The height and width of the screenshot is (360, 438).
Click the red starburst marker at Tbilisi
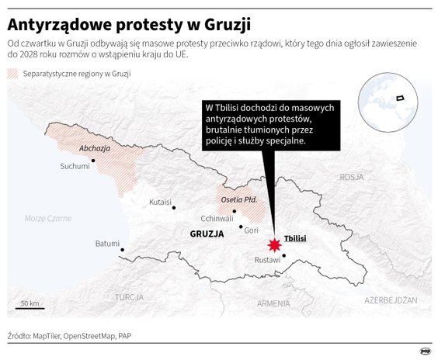click(x=273, y=245)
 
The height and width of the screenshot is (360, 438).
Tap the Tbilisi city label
click(x=296, y=238)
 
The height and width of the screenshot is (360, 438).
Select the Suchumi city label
click(x=75, y=166)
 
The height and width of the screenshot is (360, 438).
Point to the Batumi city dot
click(x=123, y=250)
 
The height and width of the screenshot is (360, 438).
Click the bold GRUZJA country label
click(x=207, y=233)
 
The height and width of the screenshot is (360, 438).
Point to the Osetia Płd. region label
click(x=239, y=199)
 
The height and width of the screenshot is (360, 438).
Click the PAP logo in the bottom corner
click(x=425, y=348)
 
